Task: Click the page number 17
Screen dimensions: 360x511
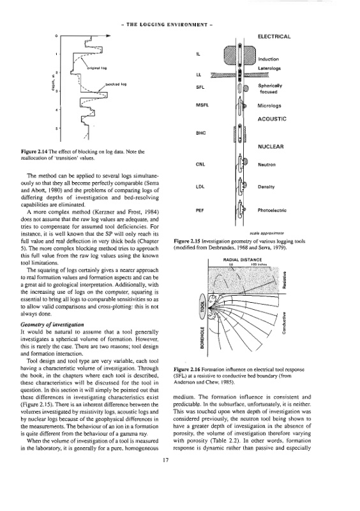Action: tap(165, 460)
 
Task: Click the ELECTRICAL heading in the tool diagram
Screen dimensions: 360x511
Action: tap(274, 36)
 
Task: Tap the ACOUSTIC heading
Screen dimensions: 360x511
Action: tap(272, 119)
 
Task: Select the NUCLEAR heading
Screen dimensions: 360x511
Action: tap(271, 147)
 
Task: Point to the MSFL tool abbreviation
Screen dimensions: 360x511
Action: tap(202, 105)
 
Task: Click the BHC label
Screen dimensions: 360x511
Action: tap(200, 133)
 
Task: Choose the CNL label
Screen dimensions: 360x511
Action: tap(200, 164)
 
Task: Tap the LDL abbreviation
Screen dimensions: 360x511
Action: tap(200, 187)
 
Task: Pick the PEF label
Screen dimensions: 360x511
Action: tap(200, 210)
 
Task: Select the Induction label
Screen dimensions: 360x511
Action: tap(269, 59)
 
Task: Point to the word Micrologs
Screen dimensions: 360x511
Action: tap(269, 105)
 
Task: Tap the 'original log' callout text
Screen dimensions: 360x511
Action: tap(97, 68)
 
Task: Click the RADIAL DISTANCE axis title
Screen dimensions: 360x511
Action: tap(243, 260)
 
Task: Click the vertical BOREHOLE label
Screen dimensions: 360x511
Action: tap(202, 338)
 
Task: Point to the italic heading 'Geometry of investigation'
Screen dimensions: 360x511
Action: tap(52, 324)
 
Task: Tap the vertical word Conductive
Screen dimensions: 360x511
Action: tap(284, 323)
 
